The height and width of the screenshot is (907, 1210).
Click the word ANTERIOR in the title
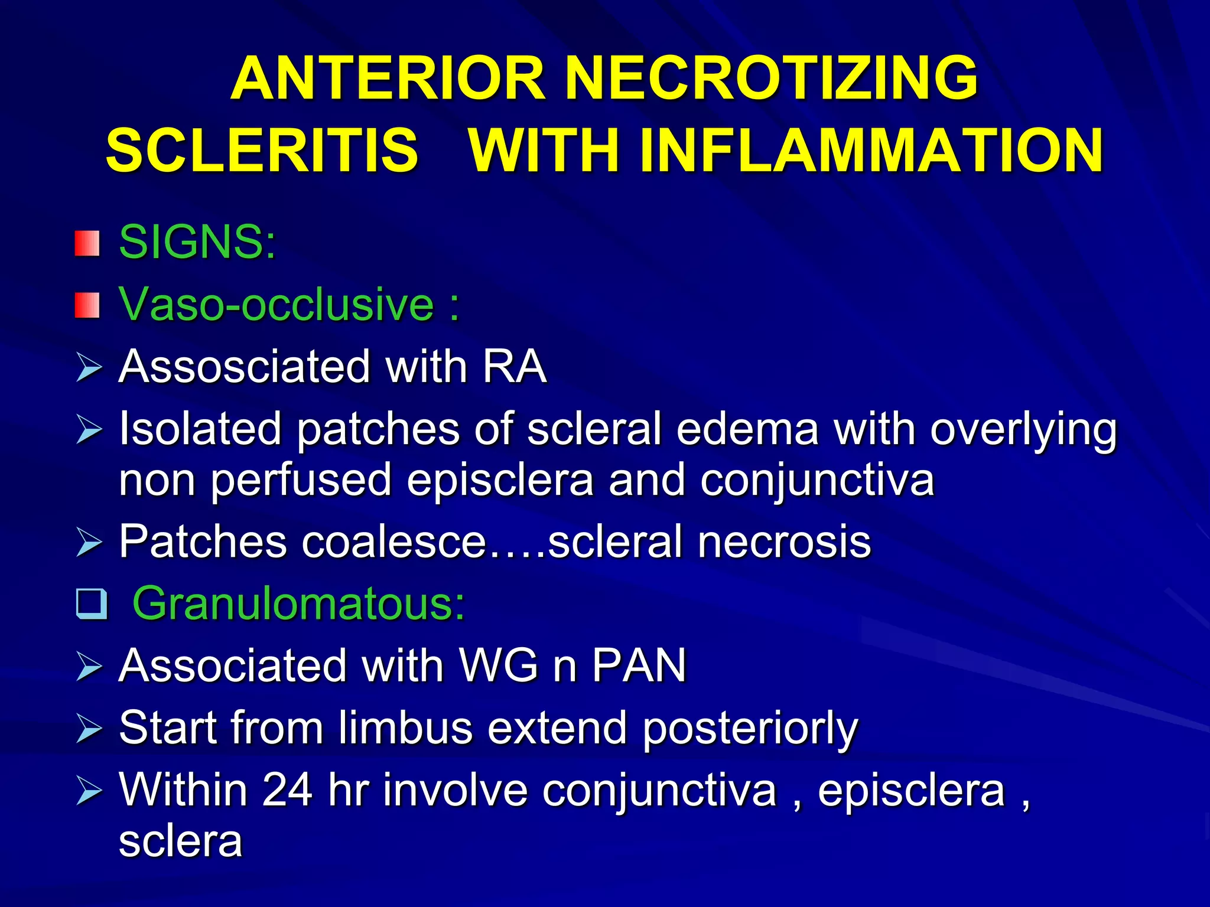pos(388,79)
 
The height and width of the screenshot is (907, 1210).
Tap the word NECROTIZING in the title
pos(772,79)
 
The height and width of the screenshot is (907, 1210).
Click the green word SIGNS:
pos(197,242)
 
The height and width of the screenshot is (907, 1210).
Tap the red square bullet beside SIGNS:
pos(87,243)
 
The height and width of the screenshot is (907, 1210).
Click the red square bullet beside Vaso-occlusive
pos(87,305)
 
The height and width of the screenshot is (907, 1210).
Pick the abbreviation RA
pos(514,367)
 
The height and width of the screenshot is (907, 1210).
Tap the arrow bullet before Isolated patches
pos(89,429)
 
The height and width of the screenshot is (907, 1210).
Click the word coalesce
pos(393,541)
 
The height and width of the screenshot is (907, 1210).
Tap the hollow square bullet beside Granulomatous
pos(92,604)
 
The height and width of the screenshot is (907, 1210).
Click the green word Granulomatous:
pos(298,603)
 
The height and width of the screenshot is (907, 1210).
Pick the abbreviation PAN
pos(639,665)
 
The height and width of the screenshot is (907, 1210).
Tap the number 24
pos(287,790)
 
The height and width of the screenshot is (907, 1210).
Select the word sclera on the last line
pos(180,841)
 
